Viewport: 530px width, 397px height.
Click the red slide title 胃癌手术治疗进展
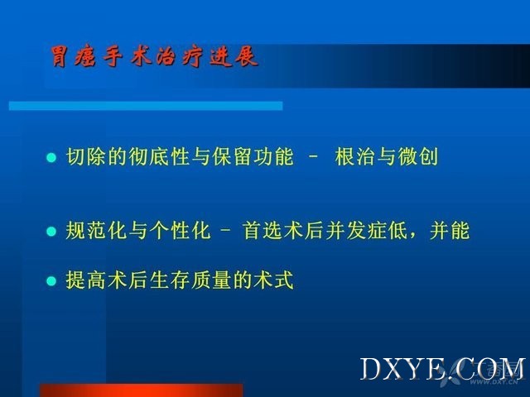(x=155, y=56)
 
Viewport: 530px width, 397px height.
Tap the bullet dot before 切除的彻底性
(x=51, y=158)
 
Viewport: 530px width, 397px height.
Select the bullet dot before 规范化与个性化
(x=51, y=232)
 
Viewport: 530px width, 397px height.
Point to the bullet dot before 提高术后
(x=51, y=280)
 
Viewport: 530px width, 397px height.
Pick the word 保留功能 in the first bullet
(x=253, y=157)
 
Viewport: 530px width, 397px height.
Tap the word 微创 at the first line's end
(x=418, y=157)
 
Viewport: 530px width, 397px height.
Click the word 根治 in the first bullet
(x=355, y=157)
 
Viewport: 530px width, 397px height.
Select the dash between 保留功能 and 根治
(x=314, y=157)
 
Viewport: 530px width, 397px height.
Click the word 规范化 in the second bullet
(x=97, y=231)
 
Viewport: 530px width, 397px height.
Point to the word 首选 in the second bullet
(x=263, y=231)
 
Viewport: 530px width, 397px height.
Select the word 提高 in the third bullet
(x=86, y=280)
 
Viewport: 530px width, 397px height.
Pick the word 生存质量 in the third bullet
(x=190, y=280)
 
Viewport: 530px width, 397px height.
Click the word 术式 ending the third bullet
(x=274, y=280)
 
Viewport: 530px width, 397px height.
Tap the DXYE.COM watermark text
(x=443, y=369)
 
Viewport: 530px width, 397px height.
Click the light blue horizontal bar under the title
(x=146, y=106)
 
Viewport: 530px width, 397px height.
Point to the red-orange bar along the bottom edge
(x=142, y=390)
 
